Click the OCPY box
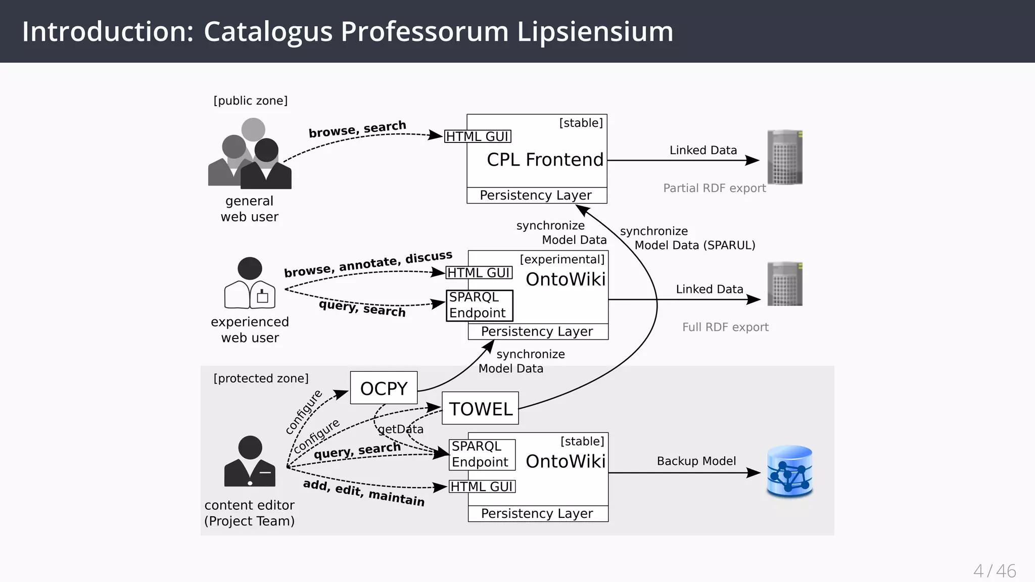384,388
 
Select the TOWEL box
480,408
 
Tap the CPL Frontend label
545,160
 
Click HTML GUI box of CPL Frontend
478,136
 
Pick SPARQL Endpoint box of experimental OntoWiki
479,305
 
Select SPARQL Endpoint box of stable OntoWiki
482,454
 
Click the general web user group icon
250,154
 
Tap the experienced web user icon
250,283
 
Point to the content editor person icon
250,461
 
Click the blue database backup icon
789,471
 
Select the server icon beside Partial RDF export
784,157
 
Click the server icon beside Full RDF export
784,284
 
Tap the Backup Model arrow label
696,461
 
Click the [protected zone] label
261,378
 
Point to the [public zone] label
250,101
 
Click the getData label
401,429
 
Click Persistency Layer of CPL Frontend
536,195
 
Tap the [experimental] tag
562,259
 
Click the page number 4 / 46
994,571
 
